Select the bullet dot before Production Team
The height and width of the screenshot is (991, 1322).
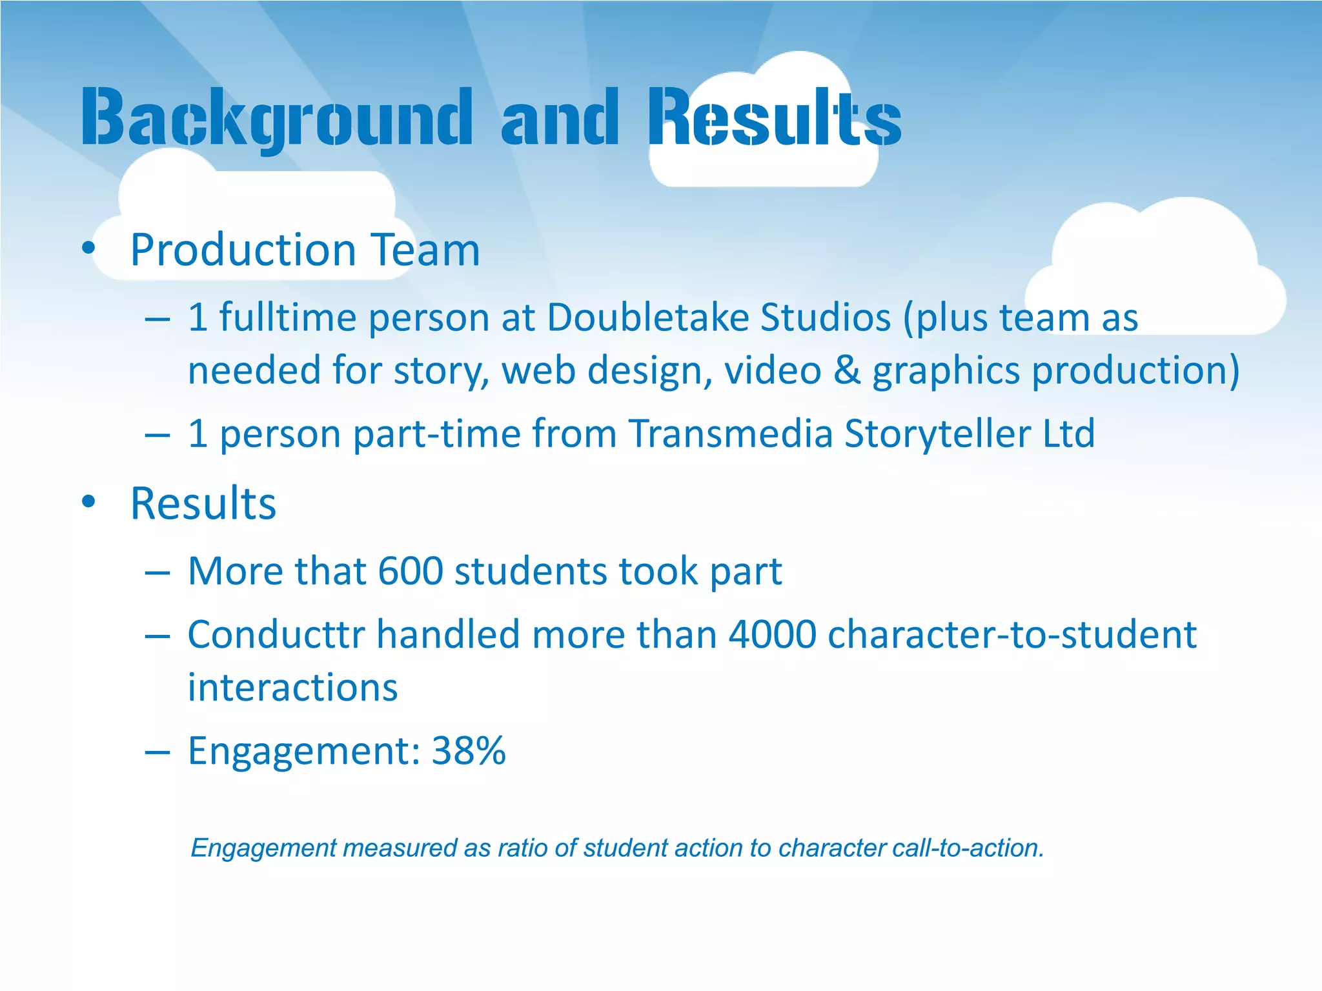[89, 248]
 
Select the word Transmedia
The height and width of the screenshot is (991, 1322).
[730, 433]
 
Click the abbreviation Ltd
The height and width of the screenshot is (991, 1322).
[1069, 433]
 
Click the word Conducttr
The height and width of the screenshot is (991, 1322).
[276, 634]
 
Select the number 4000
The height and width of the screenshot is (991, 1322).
[772, 634]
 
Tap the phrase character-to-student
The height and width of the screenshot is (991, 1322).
[1012, 634]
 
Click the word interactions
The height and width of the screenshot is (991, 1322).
[292, 687]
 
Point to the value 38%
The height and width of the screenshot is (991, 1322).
[469, 750]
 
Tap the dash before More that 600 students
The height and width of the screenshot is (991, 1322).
[158, 572]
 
